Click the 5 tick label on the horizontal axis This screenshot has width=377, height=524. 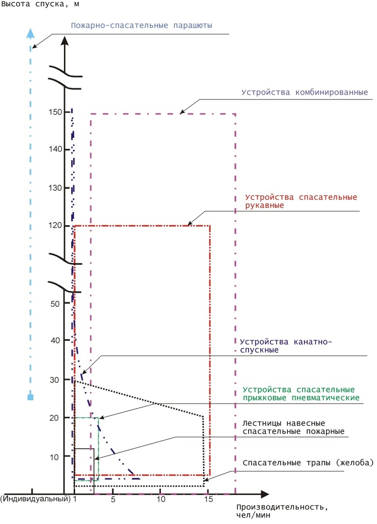[113, 499]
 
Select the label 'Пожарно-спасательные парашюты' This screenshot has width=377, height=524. [141, 26]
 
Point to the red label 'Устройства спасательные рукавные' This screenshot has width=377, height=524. [301, 201]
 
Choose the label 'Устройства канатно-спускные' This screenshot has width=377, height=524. [287, 344]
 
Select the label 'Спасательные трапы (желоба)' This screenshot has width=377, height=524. [308, 463]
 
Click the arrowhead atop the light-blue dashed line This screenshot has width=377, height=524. [31, 33]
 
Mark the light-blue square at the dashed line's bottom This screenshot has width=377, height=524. [31, 397]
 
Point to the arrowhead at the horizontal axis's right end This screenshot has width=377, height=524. [264, 494]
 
